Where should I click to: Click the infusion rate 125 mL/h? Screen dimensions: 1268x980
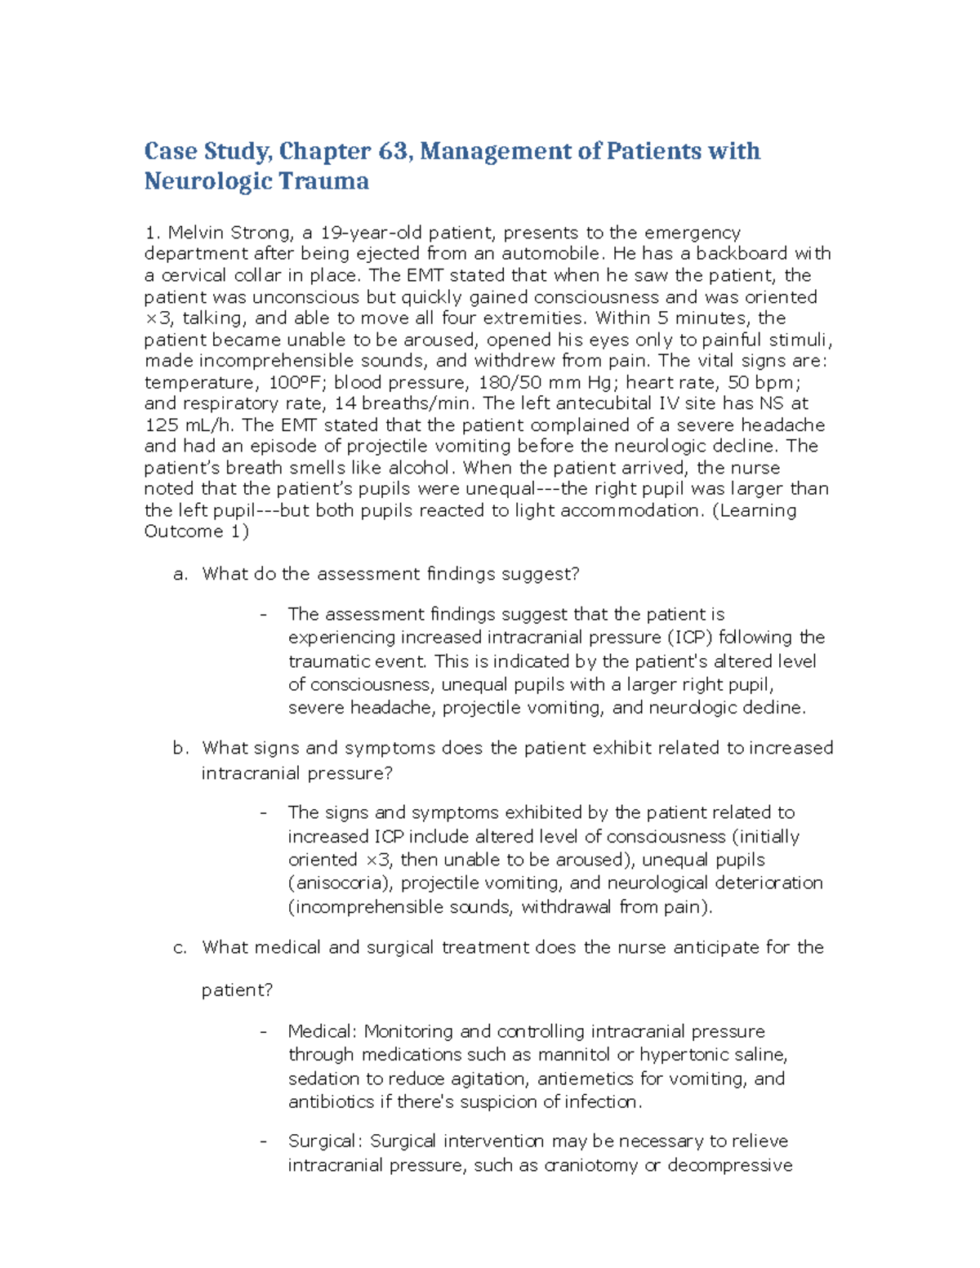[x=189, y=425]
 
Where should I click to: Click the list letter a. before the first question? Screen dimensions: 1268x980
[x=180, y=574]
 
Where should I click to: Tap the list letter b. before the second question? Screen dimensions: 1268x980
[x=180, y=748]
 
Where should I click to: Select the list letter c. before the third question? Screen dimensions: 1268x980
[x=180, y=947]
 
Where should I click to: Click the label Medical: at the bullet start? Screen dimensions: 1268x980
[x=323, y=1031]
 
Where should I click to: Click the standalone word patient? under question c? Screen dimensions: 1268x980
[x=237, y=990]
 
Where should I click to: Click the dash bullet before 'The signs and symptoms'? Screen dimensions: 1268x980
[x=263, y=812]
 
